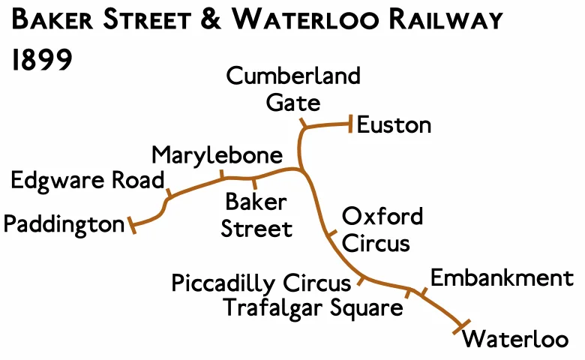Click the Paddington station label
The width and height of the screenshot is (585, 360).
pos(64,223)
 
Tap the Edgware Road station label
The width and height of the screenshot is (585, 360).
pos(87,181)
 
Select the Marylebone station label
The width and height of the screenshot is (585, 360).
pos(217,156)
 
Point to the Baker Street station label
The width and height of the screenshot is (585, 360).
pos(256,214)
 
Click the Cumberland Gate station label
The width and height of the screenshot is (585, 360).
pos(293,88)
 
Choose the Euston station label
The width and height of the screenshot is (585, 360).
pos(394,124)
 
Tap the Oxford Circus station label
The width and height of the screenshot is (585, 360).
pos(382,229)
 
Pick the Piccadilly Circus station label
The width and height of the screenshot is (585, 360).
pos(261,283)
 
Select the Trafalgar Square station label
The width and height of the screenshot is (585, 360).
pos(313,307)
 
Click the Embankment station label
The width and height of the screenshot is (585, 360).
pos(502,278)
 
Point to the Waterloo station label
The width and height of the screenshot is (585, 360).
pos(515,339)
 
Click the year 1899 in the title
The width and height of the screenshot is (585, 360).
pos(42,60)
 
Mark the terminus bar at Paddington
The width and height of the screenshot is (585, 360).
pos(133,225)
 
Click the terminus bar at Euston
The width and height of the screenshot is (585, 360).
pos(350,124)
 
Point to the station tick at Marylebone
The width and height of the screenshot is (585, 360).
pos(222,175)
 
